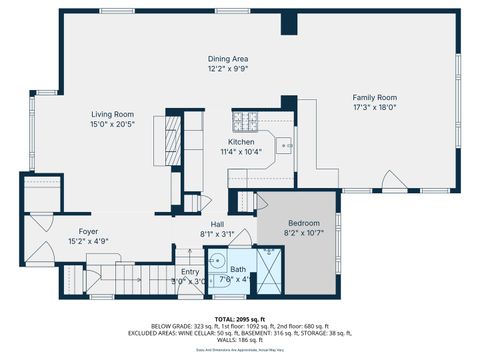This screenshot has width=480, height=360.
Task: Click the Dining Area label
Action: (x=228, y=59)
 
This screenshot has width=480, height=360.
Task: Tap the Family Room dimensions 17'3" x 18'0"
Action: (x=374, y=107)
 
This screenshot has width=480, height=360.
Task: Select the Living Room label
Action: (x=113, y=114)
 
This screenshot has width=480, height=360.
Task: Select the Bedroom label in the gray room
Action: (x=304, y=222)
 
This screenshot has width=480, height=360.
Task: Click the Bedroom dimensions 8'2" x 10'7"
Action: (x=304, y=232)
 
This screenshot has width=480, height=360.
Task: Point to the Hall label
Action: (x=217, y=224)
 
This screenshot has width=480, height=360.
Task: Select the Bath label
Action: (x=238, y=269)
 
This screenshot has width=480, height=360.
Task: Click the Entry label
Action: (x=190, y=271)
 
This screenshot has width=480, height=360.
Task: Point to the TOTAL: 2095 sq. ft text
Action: (x=240, y=318)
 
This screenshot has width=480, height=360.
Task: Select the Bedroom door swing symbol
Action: (x=263, y=202)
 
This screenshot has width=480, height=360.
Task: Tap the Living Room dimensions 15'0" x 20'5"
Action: (x=113, y=125)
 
